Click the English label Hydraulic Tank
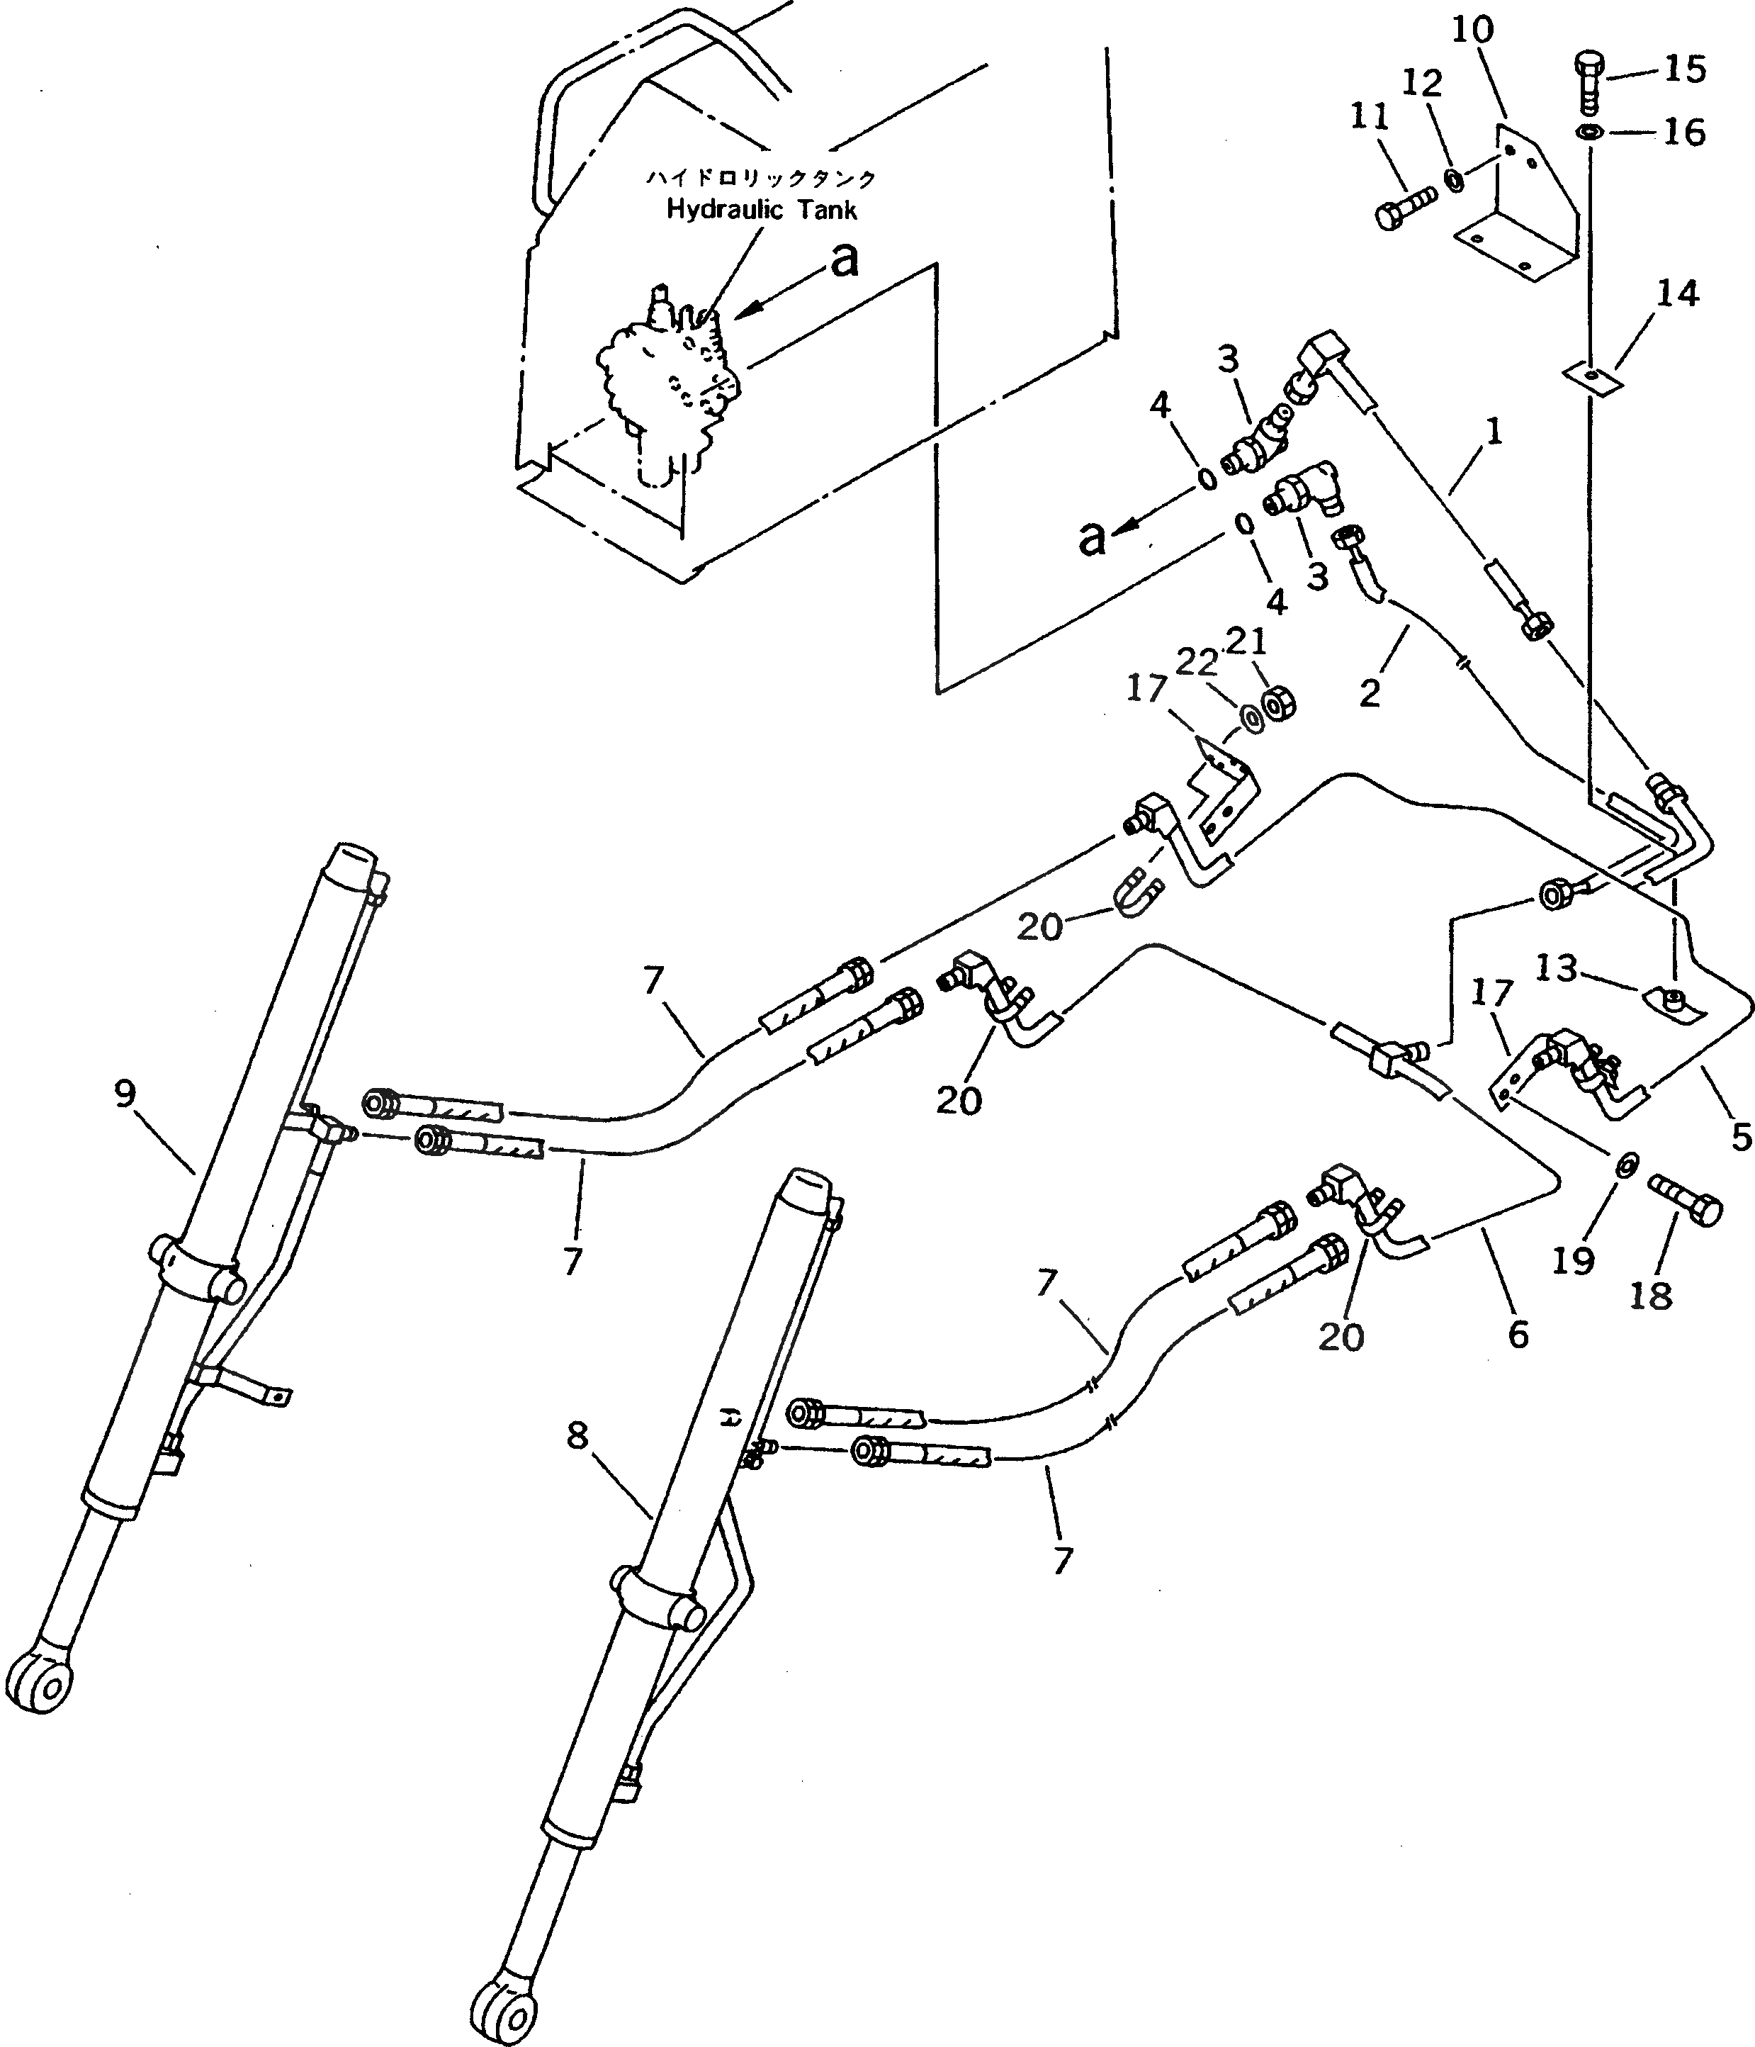762,209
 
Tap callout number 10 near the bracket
1472,30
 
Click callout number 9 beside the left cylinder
125,1094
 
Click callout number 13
1555,968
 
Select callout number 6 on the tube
1518,1335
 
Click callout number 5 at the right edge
1741,1138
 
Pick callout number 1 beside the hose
1494,432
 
